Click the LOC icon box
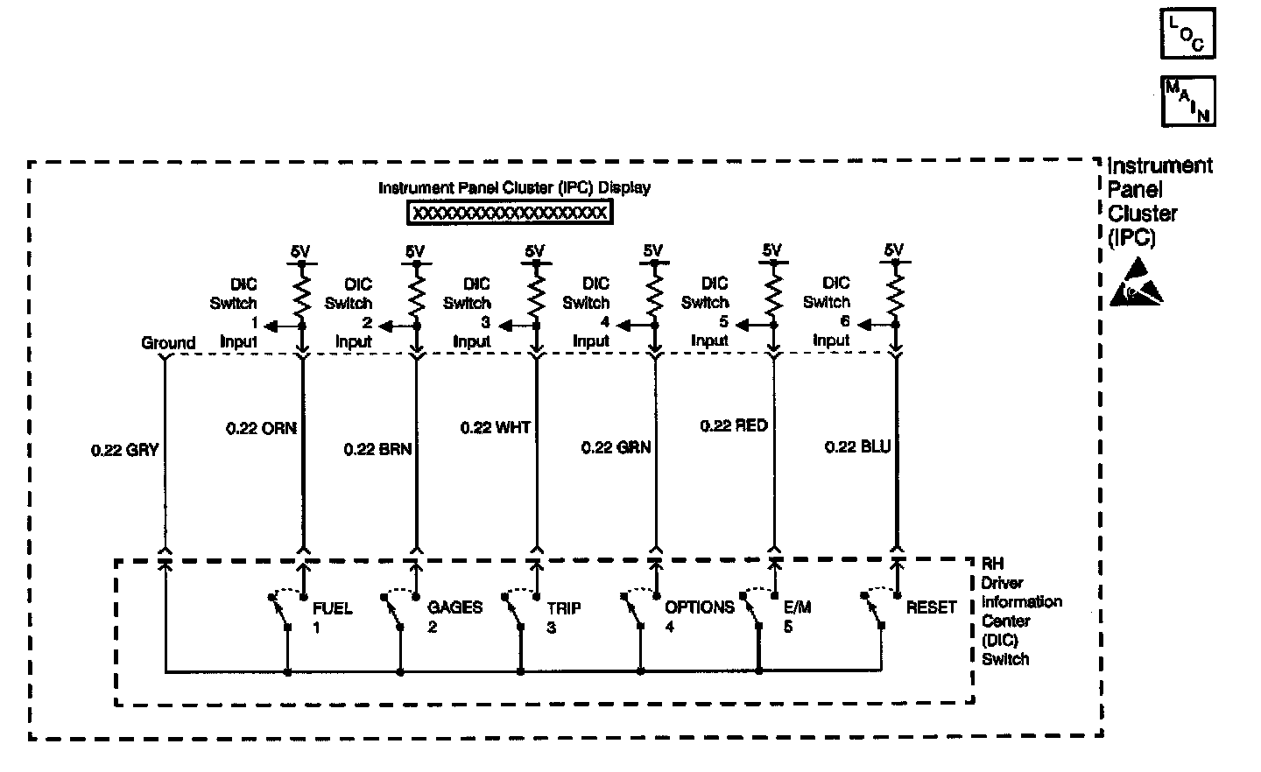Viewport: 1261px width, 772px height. pyautogui.click(x=1187, y=34)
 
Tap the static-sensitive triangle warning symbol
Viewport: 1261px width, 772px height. pyautogui.click(x=1137, y=284)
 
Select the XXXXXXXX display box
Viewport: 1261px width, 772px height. pyautogui.click(x=510, y=213)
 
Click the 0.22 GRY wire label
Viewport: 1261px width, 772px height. pyautogui.click(x=124, y=450)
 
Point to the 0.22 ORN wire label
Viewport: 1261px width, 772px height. pyautogui.click(x=261, y=428)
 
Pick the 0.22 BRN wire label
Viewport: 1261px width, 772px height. pyautogui.click(x=377, y=449)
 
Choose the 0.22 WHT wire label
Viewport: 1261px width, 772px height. pyautogui.click(x=495, y=428)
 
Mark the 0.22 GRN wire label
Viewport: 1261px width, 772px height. pyautogui.click(x=616, y=447)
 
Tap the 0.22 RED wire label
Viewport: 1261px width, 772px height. pyautogui.click(x=734, y=426)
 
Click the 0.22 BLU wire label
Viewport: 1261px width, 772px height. pyautogui.click(x=857, y=447)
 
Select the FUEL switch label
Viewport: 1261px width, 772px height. pyautogui.click(x=332, y=607)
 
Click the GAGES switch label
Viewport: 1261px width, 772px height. pyautogui.click(x=454, y=607)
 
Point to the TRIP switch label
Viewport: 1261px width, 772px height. pyautogui.click(x=564, y=608)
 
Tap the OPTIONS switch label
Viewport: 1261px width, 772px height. pyautogui.click(x=699, y=607)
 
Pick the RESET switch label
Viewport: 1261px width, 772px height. pyautogui.click(x=932, y=607)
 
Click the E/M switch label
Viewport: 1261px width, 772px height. pyautogui.click(x=797, y=607)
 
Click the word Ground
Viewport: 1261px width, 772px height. pyautogui.click(x=168, y=343)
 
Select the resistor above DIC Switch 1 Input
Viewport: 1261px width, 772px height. pyautogui.click(x=301, y=294)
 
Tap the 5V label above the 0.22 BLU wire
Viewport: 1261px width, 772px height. pyautogui.click(x=893, y=250)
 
